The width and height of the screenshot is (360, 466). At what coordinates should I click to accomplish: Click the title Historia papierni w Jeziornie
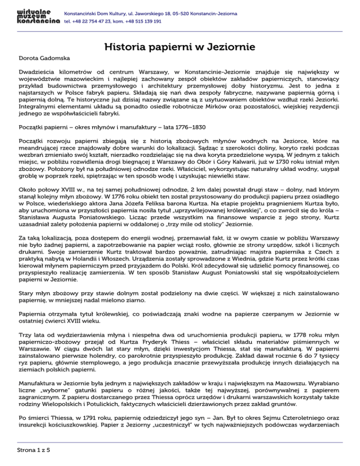coord(180,47)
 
